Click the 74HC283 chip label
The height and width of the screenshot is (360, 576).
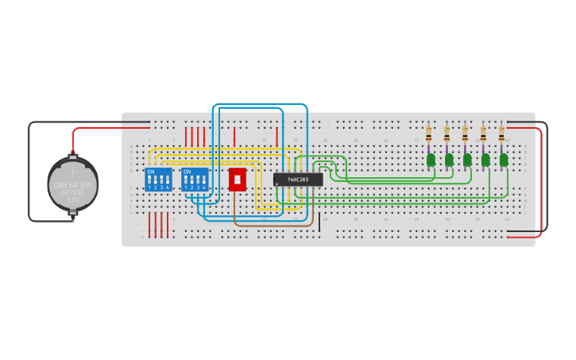299,180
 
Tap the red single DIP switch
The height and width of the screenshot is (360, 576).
237,179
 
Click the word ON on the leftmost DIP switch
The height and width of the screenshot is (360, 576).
151,172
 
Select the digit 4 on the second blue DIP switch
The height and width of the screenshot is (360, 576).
204,187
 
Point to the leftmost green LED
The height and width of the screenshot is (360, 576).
431,160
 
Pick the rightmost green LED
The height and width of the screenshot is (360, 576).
504,160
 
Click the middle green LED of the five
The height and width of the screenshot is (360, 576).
467,160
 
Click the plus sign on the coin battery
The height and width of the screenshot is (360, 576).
72,172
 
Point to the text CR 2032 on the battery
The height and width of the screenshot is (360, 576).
72,192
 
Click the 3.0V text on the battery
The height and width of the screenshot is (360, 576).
72,199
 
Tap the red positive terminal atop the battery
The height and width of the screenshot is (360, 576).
72,151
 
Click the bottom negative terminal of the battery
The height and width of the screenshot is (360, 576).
72,219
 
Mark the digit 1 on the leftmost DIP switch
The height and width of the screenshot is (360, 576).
149,187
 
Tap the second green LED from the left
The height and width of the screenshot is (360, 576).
449,160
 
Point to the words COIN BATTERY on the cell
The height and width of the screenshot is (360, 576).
72,185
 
